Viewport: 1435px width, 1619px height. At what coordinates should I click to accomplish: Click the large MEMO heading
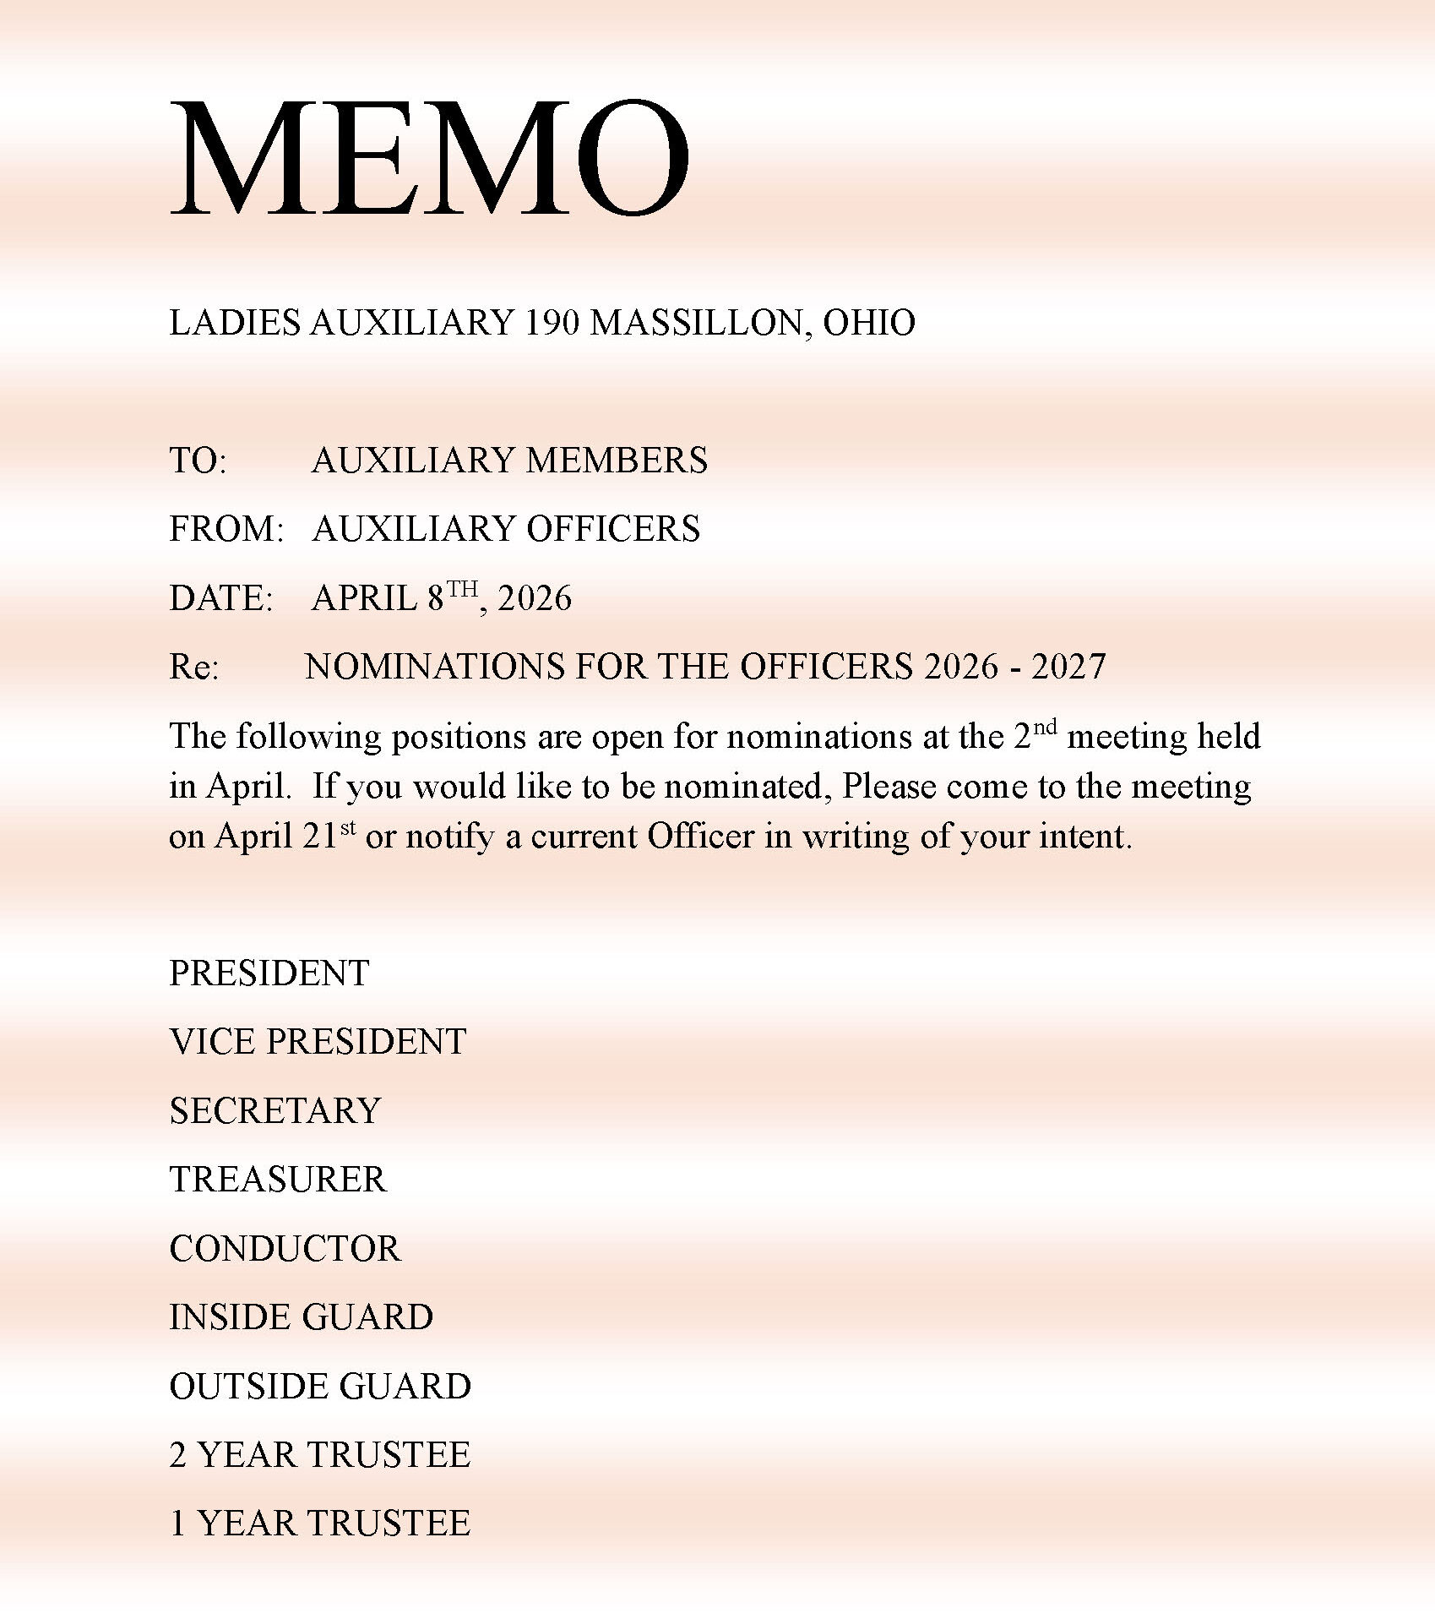click(429, 158)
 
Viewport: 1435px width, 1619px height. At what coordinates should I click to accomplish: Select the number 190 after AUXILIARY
click(552, 323)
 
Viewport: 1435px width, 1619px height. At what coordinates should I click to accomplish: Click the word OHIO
click(869, 323)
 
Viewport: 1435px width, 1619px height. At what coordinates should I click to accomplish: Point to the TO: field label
click(198, 461)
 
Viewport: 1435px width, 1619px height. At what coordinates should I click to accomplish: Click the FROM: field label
click(226, 530)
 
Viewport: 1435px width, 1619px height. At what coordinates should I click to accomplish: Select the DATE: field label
click(220, 599)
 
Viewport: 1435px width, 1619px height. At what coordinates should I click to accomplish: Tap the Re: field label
click(193, 668)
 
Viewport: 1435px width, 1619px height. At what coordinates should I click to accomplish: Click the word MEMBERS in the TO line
click(616, 461)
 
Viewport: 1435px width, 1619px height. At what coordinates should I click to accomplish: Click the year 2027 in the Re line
click(1068, 668)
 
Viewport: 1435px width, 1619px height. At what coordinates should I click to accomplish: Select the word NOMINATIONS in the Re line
click(434, 668)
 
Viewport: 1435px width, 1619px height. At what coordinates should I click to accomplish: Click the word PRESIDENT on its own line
click(269, 973)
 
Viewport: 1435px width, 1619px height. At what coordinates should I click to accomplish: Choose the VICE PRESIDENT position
click(318, 1042)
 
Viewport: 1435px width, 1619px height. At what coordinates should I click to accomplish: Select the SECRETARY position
click(274, 1111)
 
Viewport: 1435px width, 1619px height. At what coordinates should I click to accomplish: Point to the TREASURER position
click(277, 1180)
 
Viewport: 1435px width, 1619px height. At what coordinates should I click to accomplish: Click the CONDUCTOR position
click(285, 1249)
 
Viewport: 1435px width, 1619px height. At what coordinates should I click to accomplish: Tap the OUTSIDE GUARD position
click(320, 1387)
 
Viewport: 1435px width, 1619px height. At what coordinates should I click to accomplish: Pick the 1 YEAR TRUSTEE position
click(319, 1524)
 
